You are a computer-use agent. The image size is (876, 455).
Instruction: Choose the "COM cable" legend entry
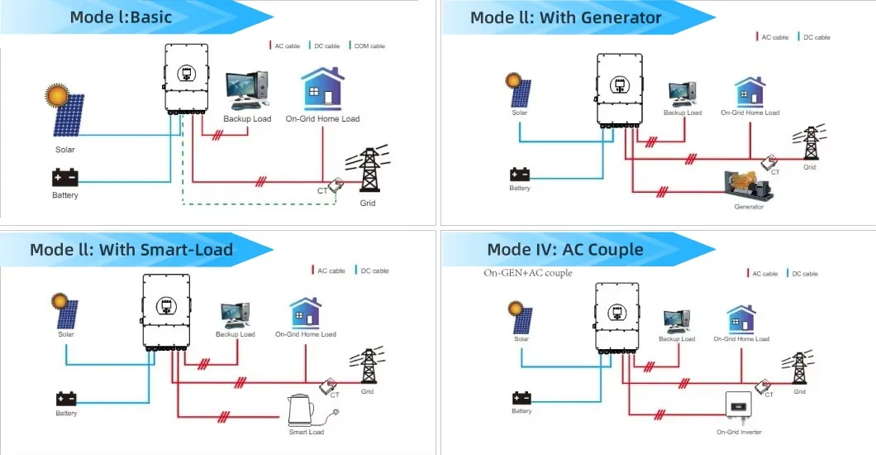(367, 46)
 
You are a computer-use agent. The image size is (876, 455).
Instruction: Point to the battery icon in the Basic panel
(64, 177)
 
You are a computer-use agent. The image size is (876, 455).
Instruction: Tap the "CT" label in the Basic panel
(323, 192)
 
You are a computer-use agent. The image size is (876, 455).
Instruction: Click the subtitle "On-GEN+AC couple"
(527, 273)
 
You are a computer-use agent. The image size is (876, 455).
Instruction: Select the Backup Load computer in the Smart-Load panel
(235, 314)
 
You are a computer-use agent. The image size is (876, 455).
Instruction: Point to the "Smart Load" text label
(306, 432)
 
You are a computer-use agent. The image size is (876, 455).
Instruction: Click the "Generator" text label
(749, 207)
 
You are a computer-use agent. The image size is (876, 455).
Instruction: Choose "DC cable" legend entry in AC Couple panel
(803, 274)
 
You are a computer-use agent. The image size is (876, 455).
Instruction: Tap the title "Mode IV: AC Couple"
(565, 249)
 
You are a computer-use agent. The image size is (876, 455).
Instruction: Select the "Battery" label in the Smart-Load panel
(66, 413)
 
